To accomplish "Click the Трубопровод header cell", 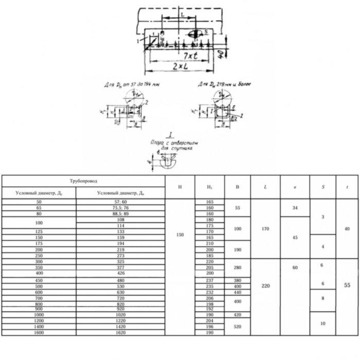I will [83, 181].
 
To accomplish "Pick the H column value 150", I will [179, 235].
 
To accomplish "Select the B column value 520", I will [237, 327].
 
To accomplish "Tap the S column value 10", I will [322, 323].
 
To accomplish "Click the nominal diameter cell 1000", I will [39, 314].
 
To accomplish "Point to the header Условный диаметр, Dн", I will [120, 193].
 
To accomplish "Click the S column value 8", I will [322, 298].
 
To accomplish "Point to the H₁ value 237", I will [209, 280].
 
